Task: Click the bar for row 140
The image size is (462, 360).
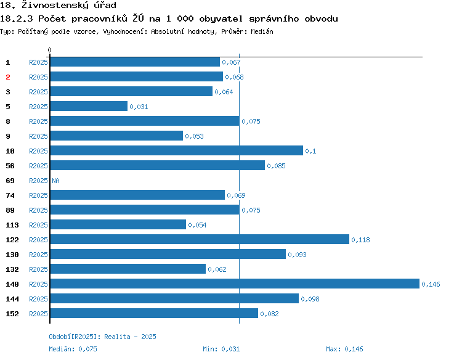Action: click(x=235, y=284)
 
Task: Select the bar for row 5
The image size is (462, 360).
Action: click(x=89, y=106)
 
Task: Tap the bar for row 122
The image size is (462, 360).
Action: click(x=200, y=239)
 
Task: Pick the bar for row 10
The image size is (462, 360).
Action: click(x=177, y=150)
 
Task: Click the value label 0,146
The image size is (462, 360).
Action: click(x=431, y=284)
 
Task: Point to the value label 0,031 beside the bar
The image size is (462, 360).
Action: click(x=139, y=107)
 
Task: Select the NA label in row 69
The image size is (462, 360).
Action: click(x=55, y=181)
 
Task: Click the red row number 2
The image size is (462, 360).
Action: click(x=8, y=77)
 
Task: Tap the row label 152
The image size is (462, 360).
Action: click(x=12, y=314)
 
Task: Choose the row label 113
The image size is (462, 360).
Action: click(x=12, y=225)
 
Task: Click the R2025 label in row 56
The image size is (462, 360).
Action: click(x=38, y=166)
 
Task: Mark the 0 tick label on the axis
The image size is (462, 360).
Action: click(x=50, y=50)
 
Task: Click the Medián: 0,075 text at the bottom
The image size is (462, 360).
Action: click(x=73, y=349)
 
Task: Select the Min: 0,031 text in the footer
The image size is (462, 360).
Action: click(x=222, y=349)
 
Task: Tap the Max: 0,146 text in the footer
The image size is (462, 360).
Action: click(x=345, y=349)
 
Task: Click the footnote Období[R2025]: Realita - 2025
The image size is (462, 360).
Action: click(x=102, y=337)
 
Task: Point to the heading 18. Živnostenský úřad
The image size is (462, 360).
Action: click(x=59, y=6)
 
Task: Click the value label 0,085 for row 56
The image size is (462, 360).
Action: click(x=276, y=166)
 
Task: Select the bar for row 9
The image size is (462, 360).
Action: click(x=116, y=136)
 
